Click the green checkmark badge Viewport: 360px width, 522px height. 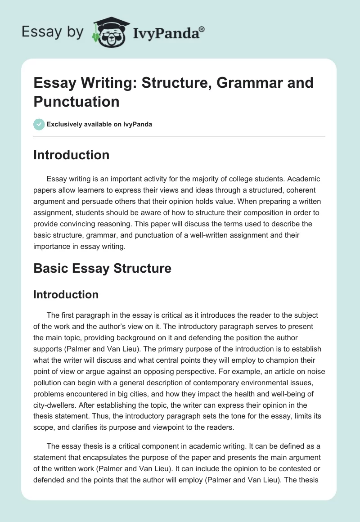coord(39,125)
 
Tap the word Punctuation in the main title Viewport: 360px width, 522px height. coord(76,101)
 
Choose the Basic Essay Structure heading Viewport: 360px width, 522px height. coord(102,269)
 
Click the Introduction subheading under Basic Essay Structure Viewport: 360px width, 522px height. coord(66,294)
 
